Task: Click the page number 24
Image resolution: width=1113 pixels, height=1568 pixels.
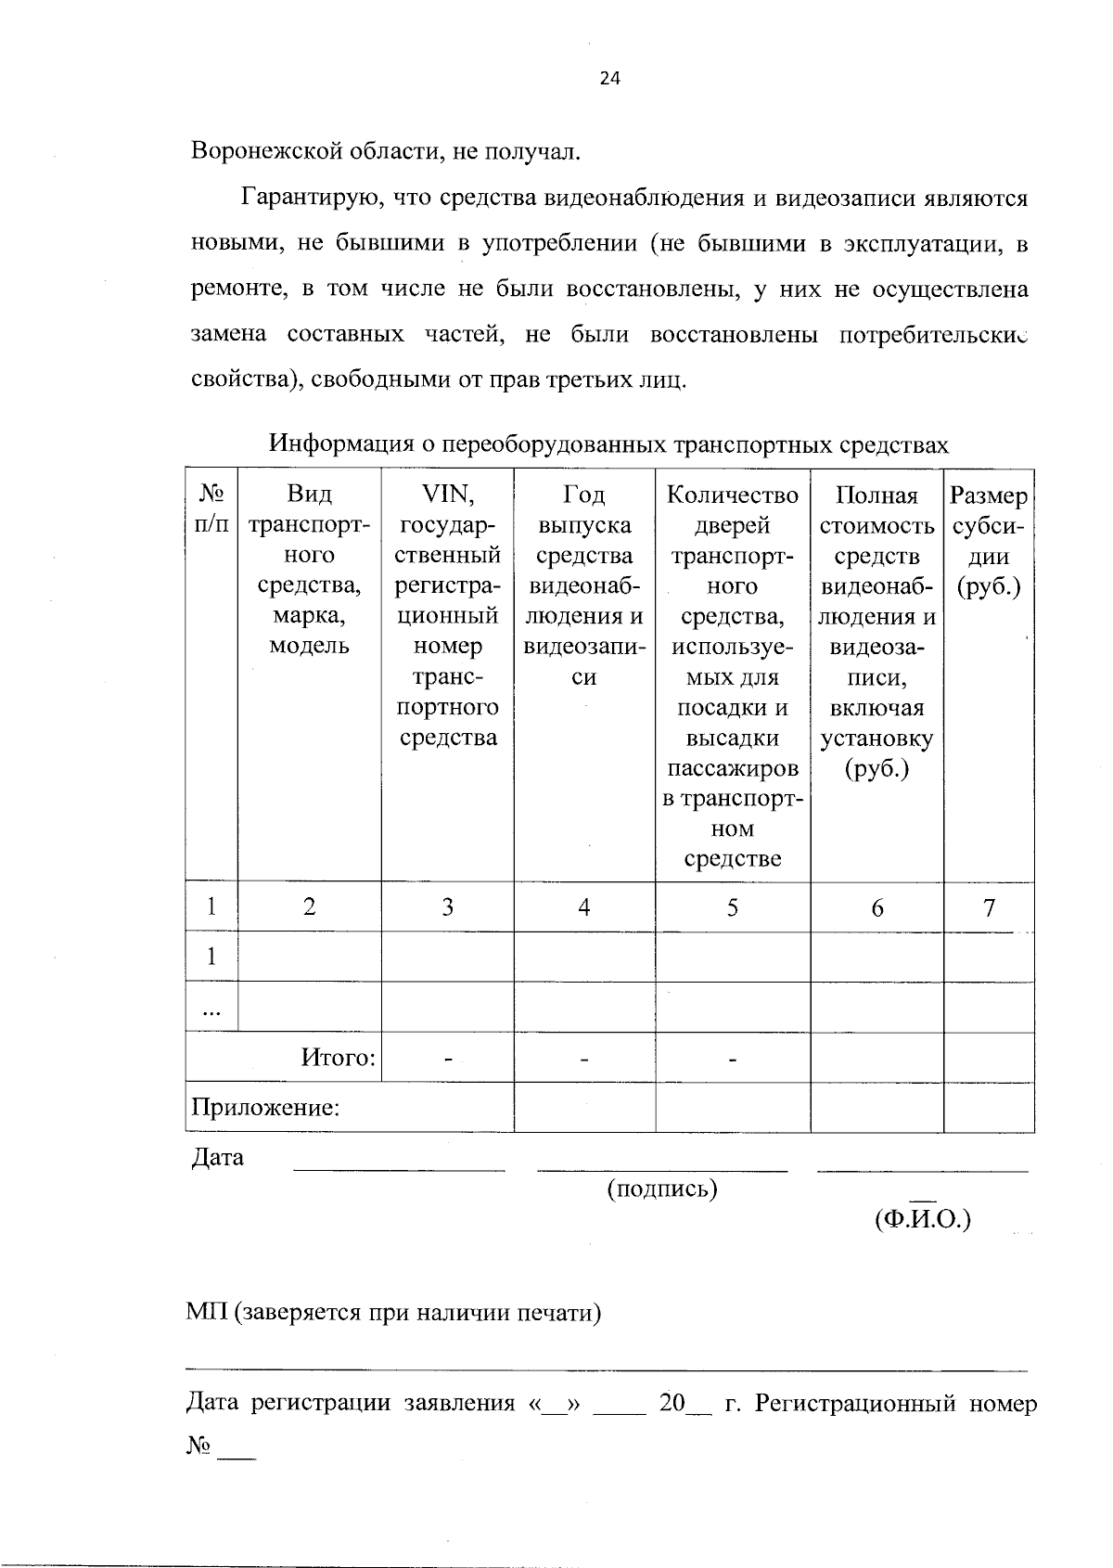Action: (x=609, y=79)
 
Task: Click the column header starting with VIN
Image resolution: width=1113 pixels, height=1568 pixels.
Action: (x=447, y=615)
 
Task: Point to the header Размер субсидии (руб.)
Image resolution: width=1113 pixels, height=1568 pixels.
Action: (x=989, y=541)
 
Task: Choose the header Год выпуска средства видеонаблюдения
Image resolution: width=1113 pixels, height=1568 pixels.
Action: (x=583, y=585)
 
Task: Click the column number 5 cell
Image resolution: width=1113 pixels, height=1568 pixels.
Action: (x=732, y=907)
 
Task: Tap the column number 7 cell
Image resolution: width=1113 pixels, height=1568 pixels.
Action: (x=989, y=907)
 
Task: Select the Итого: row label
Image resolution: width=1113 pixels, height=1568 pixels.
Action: (x=338, y=1058)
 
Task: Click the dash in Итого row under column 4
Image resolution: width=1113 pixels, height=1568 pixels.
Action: (x=584, y=1059)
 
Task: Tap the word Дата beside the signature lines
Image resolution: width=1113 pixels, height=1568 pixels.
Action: (x=218, y=1157)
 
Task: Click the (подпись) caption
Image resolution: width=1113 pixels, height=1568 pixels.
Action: (x=662, y=1189)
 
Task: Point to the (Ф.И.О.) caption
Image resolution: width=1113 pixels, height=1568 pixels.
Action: (x=922, y=1219)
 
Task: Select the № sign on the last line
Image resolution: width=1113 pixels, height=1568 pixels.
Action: (x=199, y=1446)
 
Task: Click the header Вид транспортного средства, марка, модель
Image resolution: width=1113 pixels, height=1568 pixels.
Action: (x=309, y=570)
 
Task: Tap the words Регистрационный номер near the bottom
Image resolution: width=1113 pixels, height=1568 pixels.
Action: (x=896, y=1403)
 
